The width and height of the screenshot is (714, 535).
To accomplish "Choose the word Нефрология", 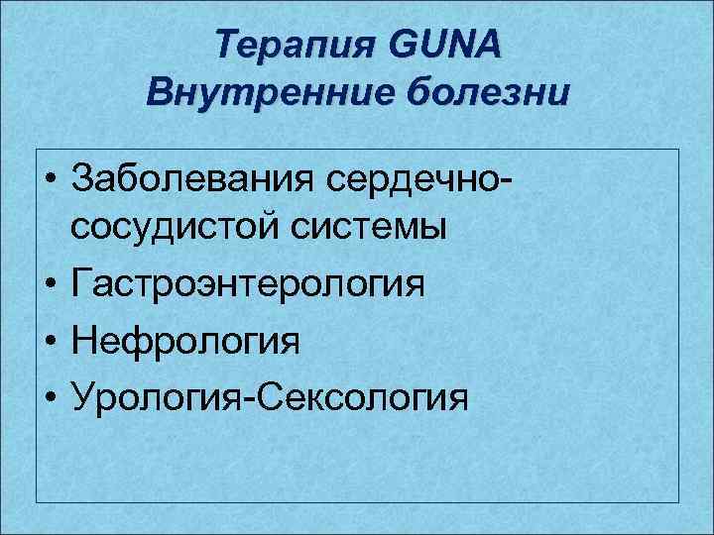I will click(185, 342).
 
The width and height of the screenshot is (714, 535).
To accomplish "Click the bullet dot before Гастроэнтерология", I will click(49, 287).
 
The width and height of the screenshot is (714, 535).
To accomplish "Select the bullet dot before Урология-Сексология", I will click(49, 399).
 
